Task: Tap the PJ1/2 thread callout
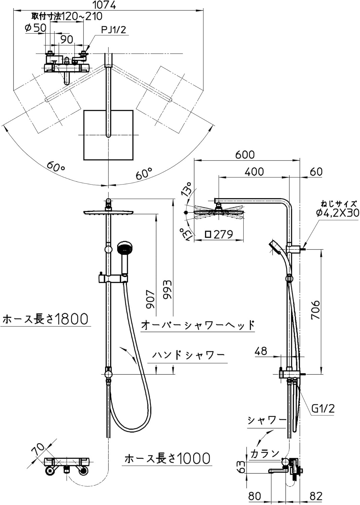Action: [x=113, y=30]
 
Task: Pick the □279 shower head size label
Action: [x=219, y=234]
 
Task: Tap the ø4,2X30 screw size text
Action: [x=337, y=212]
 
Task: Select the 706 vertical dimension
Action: [x=315, y=310]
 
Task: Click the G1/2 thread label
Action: [x=323, y=409]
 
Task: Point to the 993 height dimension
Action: [x=167, y=289]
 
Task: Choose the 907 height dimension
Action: [x=150, y=299]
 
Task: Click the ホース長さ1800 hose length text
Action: [x=45, y=319]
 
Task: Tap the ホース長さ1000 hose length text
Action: [x=167, y=459]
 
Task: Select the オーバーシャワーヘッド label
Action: [x=197, y=325]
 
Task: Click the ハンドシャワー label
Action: [x=188, y=355]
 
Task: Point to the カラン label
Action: [x=265, y=453]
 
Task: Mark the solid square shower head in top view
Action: [x=108, y=135]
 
